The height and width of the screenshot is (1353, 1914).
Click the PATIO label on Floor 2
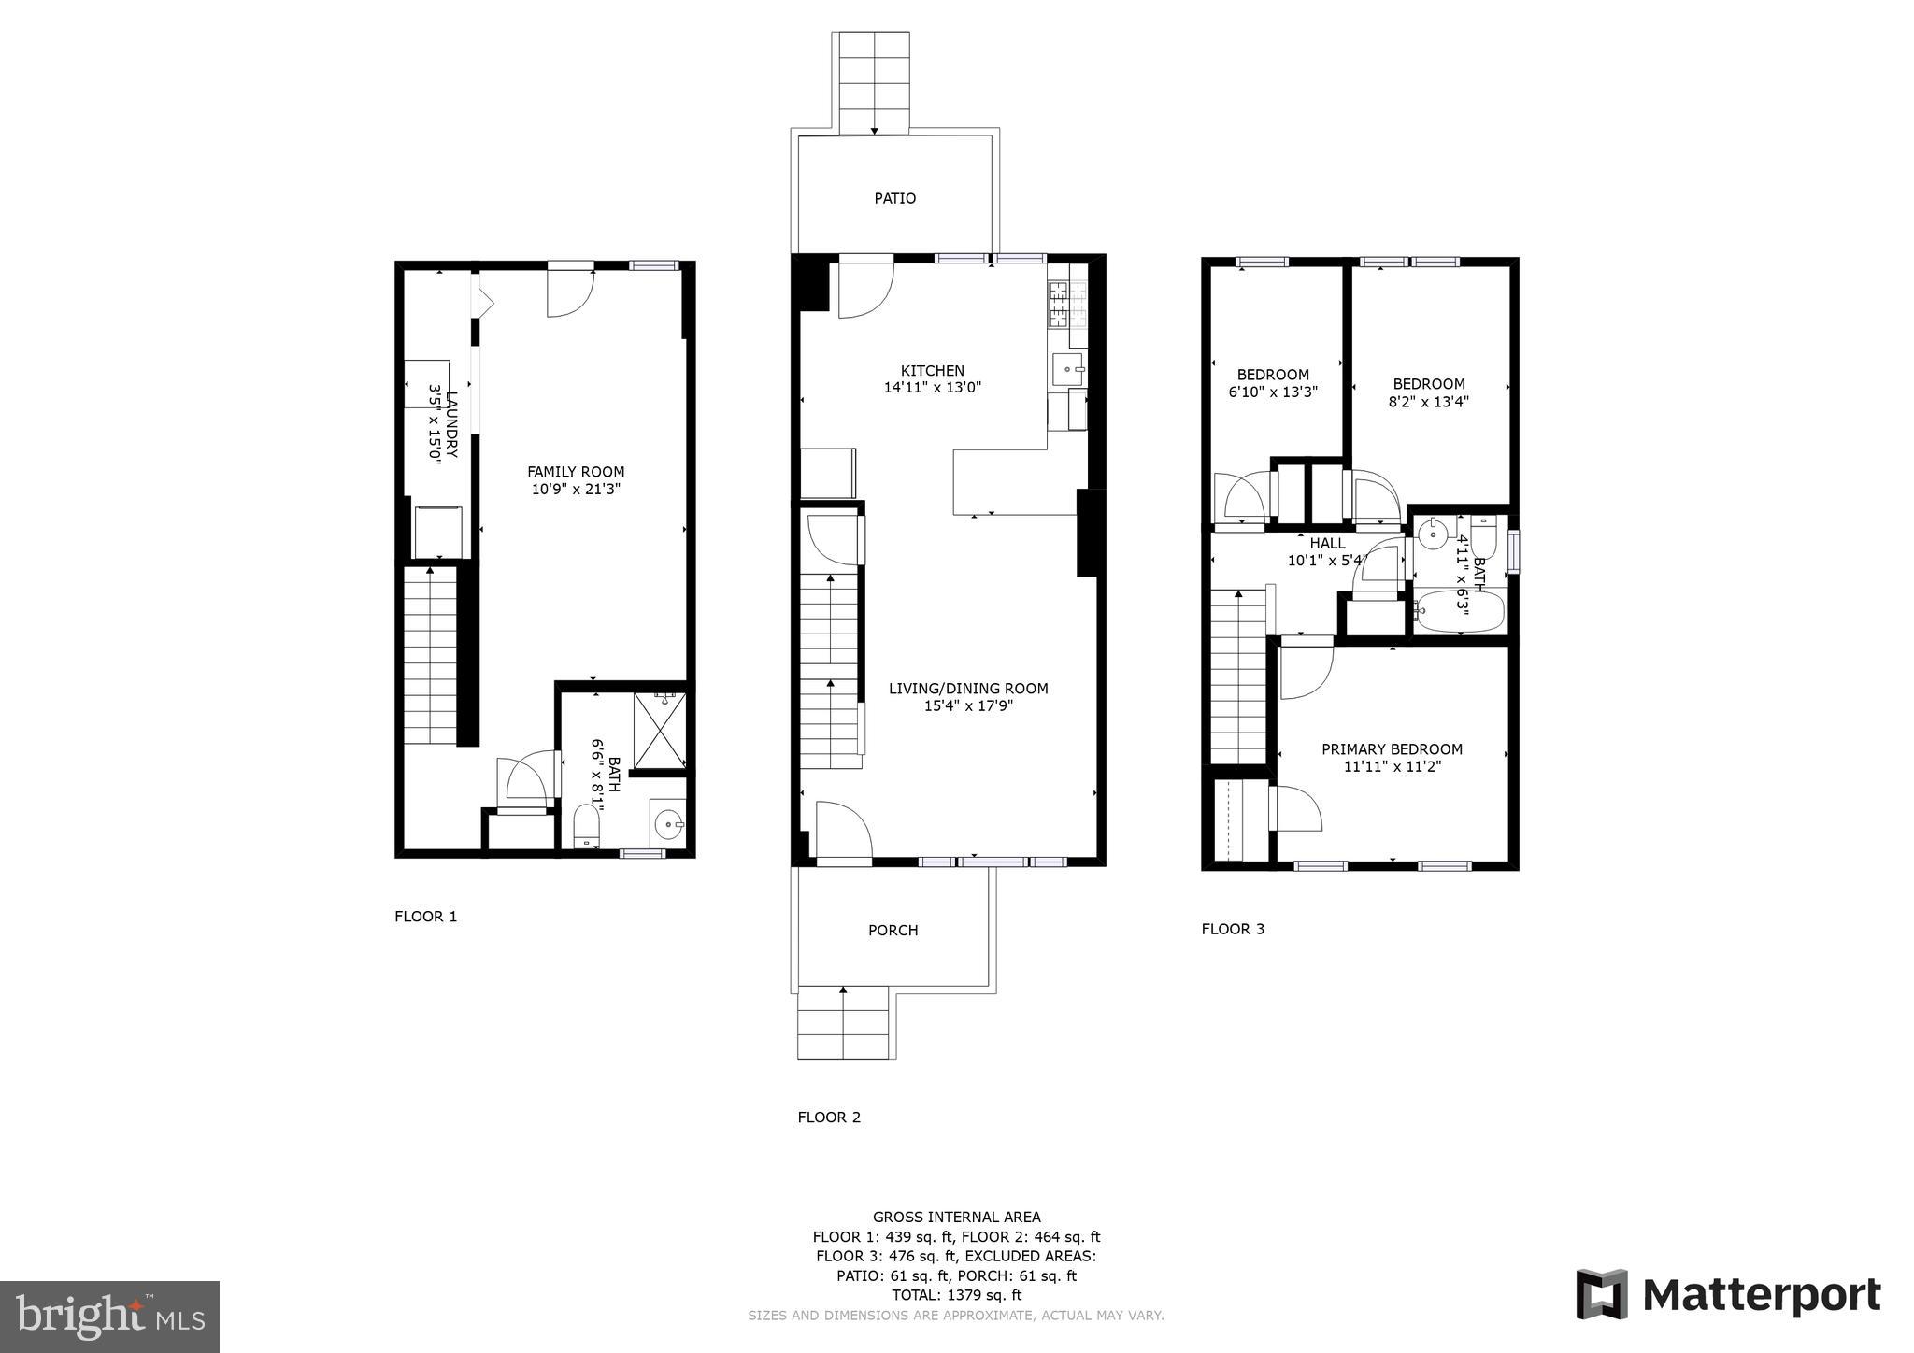coord(894,198)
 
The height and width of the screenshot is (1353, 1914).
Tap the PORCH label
coord(893,930)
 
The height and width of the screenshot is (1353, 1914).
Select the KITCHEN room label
coord(932,371)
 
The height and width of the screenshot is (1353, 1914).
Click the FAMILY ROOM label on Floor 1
coord(576,472)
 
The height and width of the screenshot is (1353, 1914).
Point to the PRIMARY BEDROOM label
coord(1392,749)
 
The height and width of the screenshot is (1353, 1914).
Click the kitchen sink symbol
coord(1068,370)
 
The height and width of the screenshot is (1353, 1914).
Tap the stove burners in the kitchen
coord(1058,304)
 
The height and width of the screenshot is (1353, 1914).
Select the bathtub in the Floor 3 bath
coord(1458,612)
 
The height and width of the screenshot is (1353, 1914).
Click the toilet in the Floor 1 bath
coord(586,826)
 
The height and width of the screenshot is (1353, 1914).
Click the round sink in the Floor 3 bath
coord(1432,535)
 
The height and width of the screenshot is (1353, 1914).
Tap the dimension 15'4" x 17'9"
coord(968,706)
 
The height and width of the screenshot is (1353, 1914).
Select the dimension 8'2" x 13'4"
coord(1428,402)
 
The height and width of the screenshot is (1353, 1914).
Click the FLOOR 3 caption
coord(1233,929)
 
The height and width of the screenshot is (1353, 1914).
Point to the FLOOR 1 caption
coord(425,917)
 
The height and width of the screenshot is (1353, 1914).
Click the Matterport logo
coord(1728,1295)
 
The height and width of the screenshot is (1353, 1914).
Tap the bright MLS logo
coord(109,1317)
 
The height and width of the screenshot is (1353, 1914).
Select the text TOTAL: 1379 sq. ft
coord(956,1295)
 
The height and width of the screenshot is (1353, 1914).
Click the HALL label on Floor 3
coord(1327,543)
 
